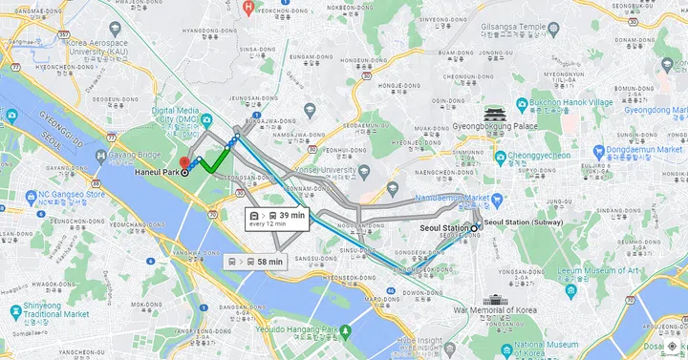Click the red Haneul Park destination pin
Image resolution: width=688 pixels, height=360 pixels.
point(185,162)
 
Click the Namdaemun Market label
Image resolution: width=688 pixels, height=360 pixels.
point(452,198)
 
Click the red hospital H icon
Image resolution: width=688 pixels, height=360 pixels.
point(248,7)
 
